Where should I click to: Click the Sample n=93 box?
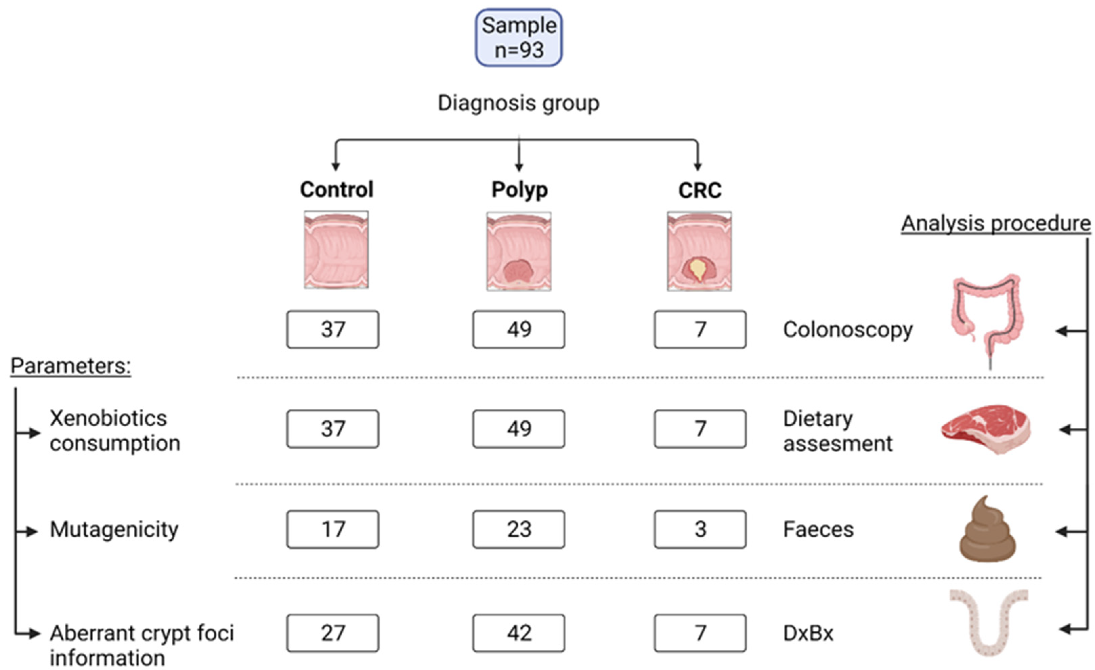point(519,38)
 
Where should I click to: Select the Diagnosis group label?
point(519,103)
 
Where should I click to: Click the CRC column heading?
point(700,191)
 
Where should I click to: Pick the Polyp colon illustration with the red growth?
point(519,251)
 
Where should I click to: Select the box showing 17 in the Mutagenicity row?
point(333,529)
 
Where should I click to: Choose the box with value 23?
point(519,529)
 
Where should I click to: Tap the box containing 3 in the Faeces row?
point(700,529)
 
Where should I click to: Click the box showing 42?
point(519,633)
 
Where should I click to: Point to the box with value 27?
point(333,633)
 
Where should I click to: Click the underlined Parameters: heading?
point(71,366)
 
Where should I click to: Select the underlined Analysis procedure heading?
point(995,223)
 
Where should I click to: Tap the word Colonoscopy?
point(847,330)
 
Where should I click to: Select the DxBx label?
point(808,633)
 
